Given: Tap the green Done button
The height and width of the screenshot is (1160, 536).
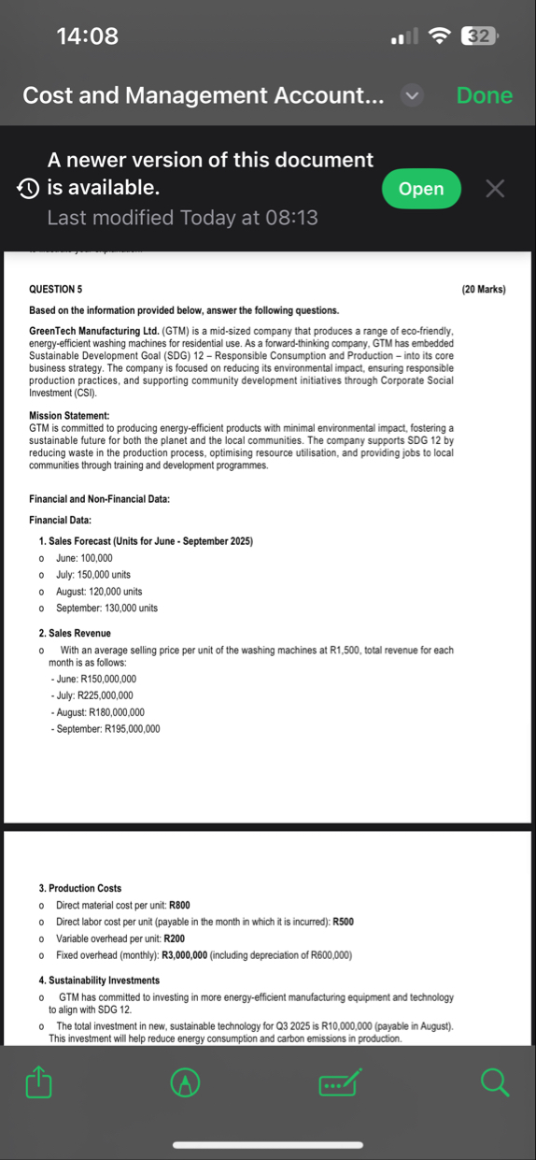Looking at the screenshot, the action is coord(485,95).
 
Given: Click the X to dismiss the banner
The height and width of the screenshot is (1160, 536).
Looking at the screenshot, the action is coord(495,189).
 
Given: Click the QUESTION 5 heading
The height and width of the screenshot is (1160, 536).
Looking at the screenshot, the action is coord(55,290).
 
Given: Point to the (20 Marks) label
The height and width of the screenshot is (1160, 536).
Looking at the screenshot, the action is coord(484,290).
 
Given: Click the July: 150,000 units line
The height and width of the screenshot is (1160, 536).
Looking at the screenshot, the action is coord(93,575).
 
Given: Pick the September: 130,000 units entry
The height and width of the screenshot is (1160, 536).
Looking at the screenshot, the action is coord(106,609).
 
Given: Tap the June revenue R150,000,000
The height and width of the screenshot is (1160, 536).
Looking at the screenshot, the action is coord(97,679).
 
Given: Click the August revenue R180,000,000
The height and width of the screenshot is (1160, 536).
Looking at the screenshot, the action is coord(101,712).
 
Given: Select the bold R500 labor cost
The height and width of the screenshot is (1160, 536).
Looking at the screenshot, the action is coord(343,922).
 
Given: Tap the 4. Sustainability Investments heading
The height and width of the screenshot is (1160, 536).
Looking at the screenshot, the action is coord(99,981).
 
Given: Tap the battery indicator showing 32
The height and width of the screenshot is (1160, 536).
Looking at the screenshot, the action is coord(479,36).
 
